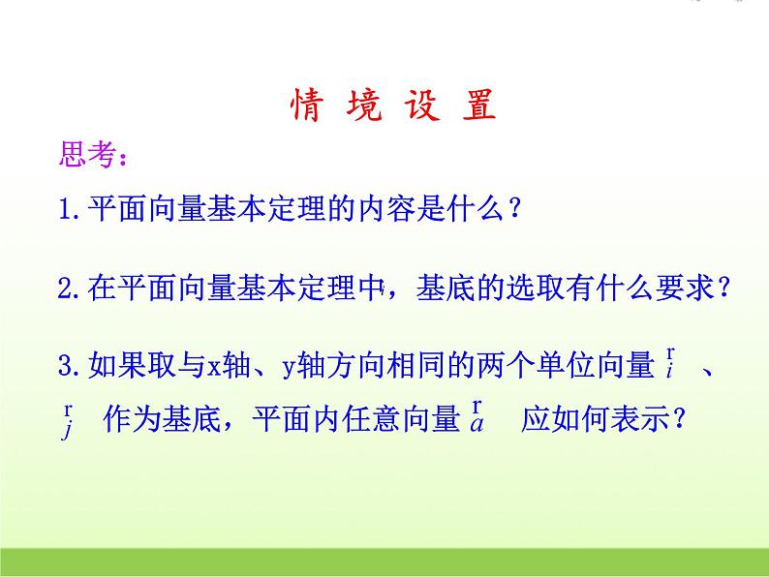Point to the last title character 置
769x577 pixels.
[478, 106]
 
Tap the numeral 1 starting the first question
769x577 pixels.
[65, 209]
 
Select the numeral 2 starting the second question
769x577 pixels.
[65, 288]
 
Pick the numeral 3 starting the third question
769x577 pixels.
[65, 367]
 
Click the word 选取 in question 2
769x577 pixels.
[538, 288]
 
